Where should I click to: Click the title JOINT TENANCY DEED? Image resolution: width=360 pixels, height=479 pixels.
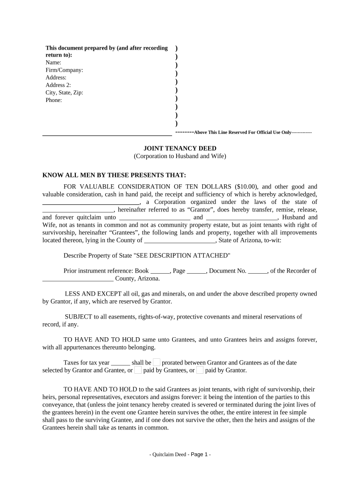[180, 148]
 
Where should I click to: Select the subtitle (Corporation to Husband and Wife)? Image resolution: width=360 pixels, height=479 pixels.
[180, 156]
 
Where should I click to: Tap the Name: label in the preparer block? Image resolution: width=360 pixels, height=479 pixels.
[53, 63]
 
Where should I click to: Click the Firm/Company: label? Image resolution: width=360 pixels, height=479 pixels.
[64, 70]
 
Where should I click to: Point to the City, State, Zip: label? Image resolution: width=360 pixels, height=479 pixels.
[64, 93]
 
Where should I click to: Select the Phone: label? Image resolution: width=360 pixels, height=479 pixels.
[54, 100]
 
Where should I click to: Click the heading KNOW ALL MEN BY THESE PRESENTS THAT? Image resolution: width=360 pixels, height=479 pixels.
[114, 175]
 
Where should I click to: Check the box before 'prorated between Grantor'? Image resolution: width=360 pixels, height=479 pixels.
[157, 362]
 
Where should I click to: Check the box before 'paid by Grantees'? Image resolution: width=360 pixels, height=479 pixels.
[138, 370]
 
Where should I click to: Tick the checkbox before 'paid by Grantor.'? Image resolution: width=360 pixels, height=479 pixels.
[200, 370]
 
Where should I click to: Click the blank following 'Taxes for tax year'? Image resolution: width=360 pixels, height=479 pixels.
[121, 363]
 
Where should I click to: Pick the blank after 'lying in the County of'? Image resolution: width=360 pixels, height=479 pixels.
[180, 241]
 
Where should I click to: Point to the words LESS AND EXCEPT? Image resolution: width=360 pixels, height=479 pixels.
[87, 294]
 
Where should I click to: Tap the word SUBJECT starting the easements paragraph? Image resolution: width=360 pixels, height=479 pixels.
[77, 317]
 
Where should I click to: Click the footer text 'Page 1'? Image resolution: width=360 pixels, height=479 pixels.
[200, 454]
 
